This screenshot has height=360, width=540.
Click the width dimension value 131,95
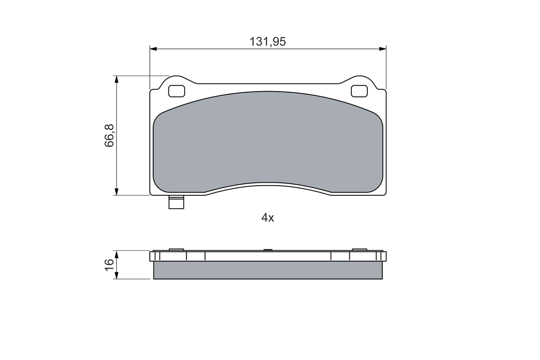[x=267, y=42]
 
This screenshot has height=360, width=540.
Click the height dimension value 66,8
[x=109, y=135]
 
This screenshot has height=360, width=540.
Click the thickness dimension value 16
[x=109, y=265]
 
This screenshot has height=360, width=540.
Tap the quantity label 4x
[x=267, y=218]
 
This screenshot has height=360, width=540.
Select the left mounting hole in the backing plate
[x=176, y=91]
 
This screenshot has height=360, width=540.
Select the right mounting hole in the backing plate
[x=359, y=91]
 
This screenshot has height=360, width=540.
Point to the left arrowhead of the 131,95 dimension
[x=153, y=49]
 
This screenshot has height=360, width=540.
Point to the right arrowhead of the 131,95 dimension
[x=383, y=49]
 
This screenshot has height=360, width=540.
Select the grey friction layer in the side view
[x=267, y=270]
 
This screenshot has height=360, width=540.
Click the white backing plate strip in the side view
[x=267, y=256]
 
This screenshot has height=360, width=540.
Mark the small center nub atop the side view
[x=268, y=250]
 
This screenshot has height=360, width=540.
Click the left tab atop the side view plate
[x=176, y=249]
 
